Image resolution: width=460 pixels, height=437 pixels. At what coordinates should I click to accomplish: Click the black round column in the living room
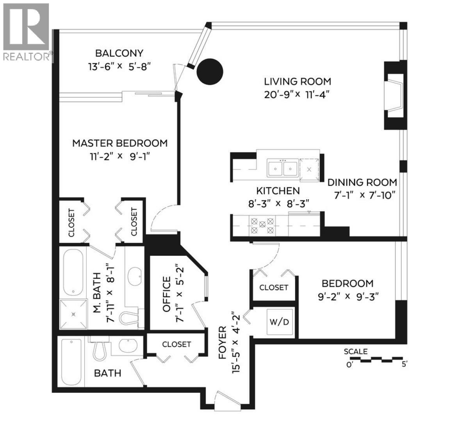(209, 71)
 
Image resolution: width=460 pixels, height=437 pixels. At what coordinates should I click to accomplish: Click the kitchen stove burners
(262, 225)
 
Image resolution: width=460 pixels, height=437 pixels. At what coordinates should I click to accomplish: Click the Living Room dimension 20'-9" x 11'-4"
(298, 95)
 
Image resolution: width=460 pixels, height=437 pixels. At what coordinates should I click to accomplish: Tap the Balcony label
(119, 53)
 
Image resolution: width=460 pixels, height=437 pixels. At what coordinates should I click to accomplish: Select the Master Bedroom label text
(120, 143)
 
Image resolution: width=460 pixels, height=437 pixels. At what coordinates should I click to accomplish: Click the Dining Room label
(362, 182)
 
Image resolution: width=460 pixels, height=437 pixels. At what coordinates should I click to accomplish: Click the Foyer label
(223, 342)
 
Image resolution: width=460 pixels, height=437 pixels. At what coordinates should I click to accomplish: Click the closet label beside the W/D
(274, 287)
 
